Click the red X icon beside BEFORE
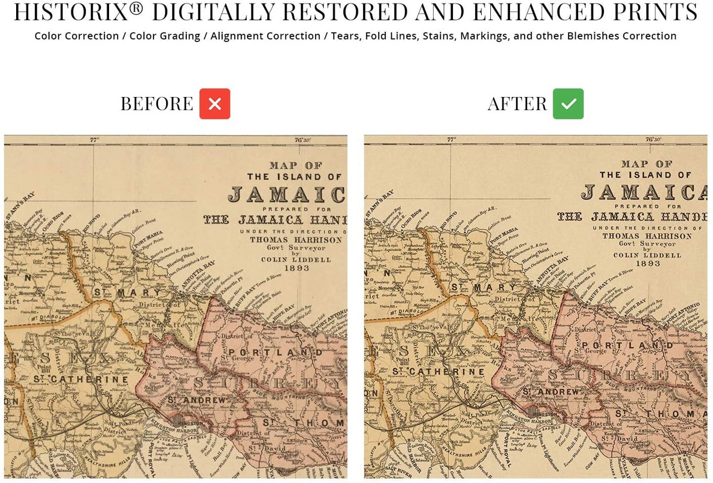(x=215, y=104)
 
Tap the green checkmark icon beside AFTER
(x=568, y=104)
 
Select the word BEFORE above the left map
(x=157, y=104)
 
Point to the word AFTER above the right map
(x=517, y=104)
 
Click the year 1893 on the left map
(x=297, y=268)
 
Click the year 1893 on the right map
(x=648, y=264)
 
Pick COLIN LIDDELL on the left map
(x=296, y=260)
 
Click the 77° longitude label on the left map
(x=94, y=140)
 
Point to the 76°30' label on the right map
(x=653, y=139)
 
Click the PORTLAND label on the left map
(x=275, y=353)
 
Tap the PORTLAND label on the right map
(x=627, y=346)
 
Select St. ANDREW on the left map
(x=197, y=400)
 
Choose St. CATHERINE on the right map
(x=438, y=372)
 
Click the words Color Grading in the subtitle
(x=165, y=36)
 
